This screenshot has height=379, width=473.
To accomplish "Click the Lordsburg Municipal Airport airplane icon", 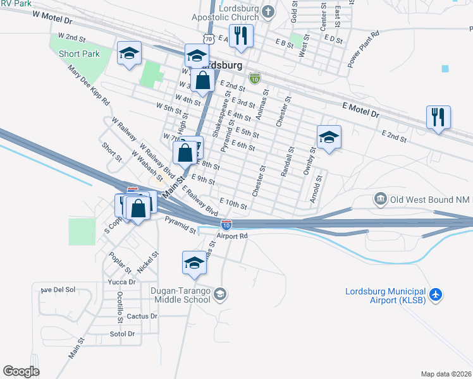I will tap(435, 295).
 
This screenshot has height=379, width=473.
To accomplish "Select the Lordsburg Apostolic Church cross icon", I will tap(268, 11).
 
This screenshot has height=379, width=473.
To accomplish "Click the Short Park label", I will tap(80, 54).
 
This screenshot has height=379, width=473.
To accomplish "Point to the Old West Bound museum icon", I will tap(380, 200).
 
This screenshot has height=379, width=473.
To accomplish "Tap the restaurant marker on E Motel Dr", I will tap(438, 118).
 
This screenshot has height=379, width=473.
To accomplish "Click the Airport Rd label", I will tap(231, 236).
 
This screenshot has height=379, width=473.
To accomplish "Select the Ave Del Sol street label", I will tap(58, 290).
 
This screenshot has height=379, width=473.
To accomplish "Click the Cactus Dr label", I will tap(142, 316).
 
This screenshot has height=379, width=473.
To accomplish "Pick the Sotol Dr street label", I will tap(123, 334).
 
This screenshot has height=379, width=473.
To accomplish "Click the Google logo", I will tap(21, 371).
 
